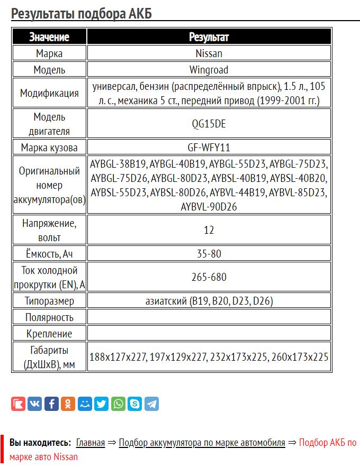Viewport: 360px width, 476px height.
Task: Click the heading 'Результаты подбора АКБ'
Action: point(82,13)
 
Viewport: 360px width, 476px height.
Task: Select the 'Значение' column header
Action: point(49,37)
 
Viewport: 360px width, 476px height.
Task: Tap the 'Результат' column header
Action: point(209,37)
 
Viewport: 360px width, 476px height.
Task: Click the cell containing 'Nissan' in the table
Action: point(209,53)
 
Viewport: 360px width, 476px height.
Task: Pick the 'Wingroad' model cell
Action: point(209,70)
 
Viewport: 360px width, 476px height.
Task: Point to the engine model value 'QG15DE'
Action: point(209,124)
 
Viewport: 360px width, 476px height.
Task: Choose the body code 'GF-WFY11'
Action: point(209,148)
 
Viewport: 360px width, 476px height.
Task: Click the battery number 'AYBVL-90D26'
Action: point(209,206)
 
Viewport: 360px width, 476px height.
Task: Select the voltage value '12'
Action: point(209,231)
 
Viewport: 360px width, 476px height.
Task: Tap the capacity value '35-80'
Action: point(209,254)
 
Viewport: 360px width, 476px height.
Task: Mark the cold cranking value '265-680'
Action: point(209,277)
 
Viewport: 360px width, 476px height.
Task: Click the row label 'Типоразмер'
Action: point(49,301)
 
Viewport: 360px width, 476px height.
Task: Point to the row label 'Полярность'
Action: point(49,318)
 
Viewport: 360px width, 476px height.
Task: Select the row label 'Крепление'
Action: point(49,334)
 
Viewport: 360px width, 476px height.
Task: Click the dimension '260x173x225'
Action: point(300,358)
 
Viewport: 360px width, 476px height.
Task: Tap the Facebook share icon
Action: point(51,404)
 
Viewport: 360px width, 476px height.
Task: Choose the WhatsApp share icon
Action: point(118,404)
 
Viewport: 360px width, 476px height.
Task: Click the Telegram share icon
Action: point(151,404)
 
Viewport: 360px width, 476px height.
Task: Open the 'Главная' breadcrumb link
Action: point(90,443)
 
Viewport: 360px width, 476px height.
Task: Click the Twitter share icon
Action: point(101,404)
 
